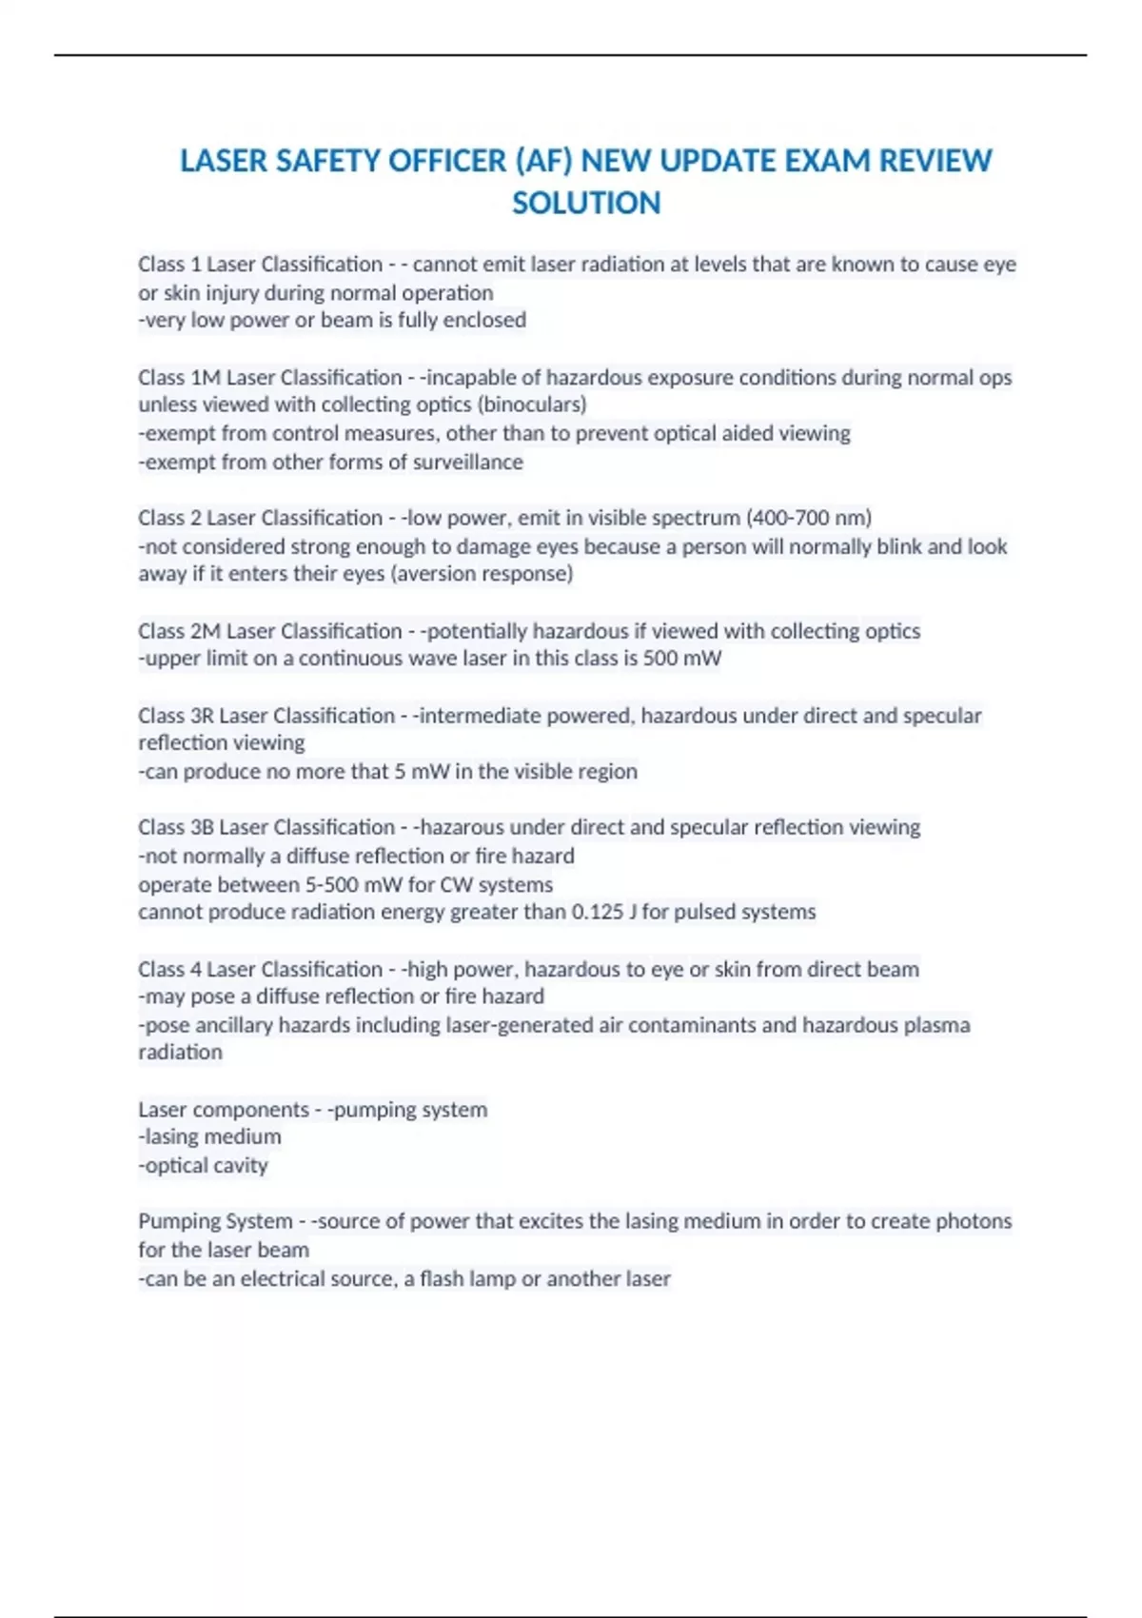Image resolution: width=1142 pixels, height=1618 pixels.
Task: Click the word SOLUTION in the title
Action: click(x=586, y=203)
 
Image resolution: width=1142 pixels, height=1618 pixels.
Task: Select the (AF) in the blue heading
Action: click(x=543, y=161)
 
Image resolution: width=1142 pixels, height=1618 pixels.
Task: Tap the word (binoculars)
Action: click(x=532, y=404)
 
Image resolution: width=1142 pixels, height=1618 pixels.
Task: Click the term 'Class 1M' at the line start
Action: click(x=179, y=378)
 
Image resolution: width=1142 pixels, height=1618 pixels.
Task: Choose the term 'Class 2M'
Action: click(x=179, y=631)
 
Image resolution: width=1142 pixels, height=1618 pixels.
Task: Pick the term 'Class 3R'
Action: click(x=176, y=716)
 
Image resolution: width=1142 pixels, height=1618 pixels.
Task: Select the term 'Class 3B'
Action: click(x=176, y=827)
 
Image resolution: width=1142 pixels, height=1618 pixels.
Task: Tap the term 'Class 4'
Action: click(x=170, y=969)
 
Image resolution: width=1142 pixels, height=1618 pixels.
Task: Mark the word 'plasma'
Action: click(x=937, y=1025)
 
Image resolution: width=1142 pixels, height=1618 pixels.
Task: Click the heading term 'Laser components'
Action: click(x=223, y=1110)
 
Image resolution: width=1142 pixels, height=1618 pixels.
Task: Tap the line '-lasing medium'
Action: click(x=209, y=1136)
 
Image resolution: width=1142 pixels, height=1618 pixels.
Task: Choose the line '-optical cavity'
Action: click(x=203, y=1165)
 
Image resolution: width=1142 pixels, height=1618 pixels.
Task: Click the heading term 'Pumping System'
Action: click(x=215, y=1221)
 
